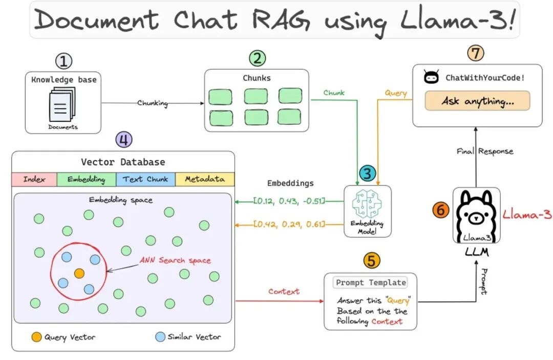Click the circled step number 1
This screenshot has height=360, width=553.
[x=64, y=61]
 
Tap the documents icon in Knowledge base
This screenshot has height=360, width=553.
[x=62, y=104]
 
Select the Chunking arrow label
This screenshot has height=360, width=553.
[x=153, y=103]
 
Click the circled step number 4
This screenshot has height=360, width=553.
[x=124, y=140]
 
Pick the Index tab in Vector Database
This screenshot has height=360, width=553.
[x=34, y=179]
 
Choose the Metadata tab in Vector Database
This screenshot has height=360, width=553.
[x=205, y=179]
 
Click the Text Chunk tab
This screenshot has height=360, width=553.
[x=145, y=179]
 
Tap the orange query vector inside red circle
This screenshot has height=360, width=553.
[x=79, y=273]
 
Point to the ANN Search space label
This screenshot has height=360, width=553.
[x=175, y=260]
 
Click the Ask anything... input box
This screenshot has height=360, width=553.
[x=477, y=101]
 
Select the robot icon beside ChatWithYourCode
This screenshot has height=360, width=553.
[x=431, y=76]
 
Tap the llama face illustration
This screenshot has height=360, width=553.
[x=477, y=216]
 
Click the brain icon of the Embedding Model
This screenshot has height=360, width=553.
[x=367, y=204]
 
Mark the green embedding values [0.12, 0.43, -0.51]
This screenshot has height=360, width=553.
[x=289, y=201]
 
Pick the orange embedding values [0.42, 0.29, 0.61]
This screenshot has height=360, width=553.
[x=289, y=224]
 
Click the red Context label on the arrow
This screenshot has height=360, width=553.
[x=284, y=291]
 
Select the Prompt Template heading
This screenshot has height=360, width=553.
[x=371, y=283]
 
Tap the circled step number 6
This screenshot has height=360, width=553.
[x=441, y=210]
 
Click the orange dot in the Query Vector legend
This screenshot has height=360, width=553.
[x=36, y=337]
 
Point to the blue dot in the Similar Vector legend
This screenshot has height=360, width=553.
[x=160, y=337]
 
